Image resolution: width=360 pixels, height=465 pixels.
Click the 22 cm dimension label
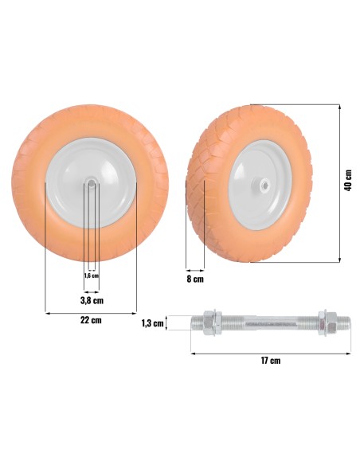[x=91, y=320]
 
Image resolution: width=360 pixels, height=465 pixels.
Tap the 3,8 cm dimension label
[x=92, y=300]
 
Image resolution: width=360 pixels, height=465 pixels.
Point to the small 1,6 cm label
[x=92, y=275]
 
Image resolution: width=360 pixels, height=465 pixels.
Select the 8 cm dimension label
[x=195, y=279]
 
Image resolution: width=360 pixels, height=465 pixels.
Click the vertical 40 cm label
[x=348, y=180]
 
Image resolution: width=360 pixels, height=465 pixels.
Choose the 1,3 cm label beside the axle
[x=152, y=323]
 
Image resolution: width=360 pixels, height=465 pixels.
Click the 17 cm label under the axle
[x=271, y=361]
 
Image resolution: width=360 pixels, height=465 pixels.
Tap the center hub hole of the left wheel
[x=91, y=183]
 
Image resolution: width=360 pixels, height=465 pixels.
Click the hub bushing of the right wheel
[x=260, y=185]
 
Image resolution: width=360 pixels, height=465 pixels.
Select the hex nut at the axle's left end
[x=213, y=323]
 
